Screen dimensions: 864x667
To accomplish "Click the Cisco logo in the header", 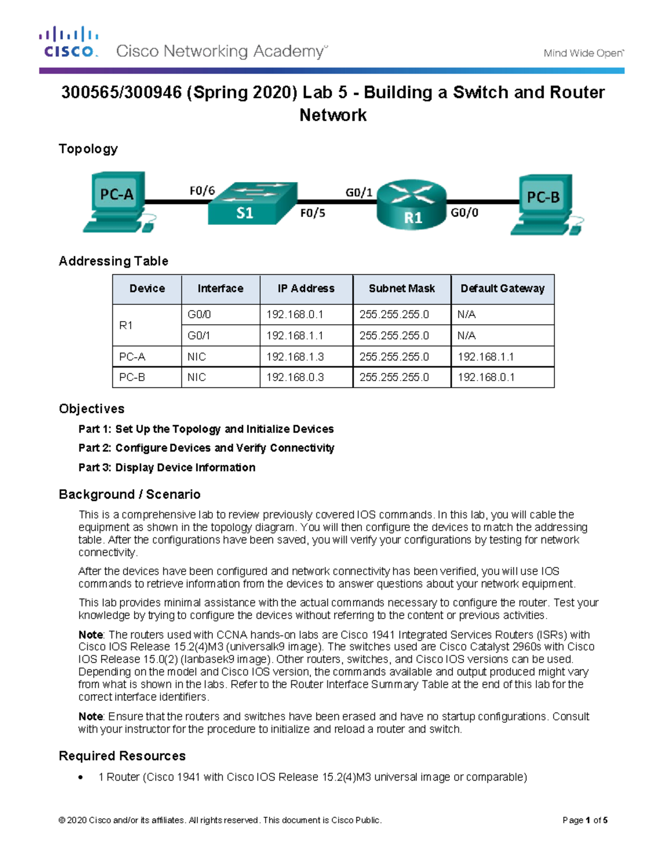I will point(68,42).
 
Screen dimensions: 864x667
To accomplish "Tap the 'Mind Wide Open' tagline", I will point(583,53).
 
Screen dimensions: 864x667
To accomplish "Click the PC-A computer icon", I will point(117,201).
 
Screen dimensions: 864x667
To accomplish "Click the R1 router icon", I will point(411,204).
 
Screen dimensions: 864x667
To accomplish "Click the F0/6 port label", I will point(202,191).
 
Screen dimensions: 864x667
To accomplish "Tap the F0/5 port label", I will point(312,213).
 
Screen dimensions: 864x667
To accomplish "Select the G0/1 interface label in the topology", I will point(359,192).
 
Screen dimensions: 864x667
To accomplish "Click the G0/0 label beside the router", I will point(464,213).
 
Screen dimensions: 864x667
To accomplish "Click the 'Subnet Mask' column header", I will point(401,289).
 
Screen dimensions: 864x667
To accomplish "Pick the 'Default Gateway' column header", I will point(502,289).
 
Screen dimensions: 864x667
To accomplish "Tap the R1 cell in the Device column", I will point(126,325).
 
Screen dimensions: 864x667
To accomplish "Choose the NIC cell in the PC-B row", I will point(197,377).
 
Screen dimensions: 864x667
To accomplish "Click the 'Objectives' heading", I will point(92,409).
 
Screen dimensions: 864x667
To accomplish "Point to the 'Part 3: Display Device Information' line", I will point(167,467).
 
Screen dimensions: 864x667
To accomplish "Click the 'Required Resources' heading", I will point(122,756).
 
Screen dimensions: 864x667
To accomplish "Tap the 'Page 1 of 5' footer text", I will point(585,820).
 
